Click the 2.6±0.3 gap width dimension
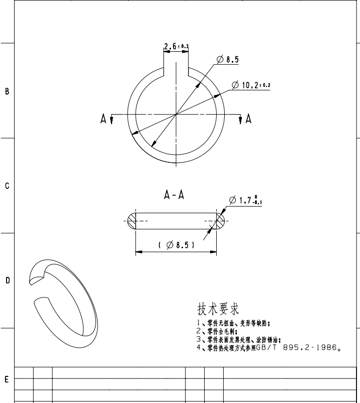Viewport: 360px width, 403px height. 176,47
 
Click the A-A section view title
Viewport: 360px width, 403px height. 174,195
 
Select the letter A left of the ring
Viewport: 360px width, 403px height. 104,119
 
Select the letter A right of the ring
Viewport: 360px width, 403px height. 248,119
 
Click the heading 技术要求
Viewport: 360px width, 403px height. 217,308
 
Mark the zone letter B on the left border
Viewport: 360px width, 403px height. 7,91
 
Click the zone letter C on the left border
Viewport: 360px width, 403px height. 7,186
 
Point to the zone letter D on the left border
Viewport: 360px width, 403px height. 7,280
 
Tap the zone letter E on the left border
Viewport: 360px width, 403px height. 7,379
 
